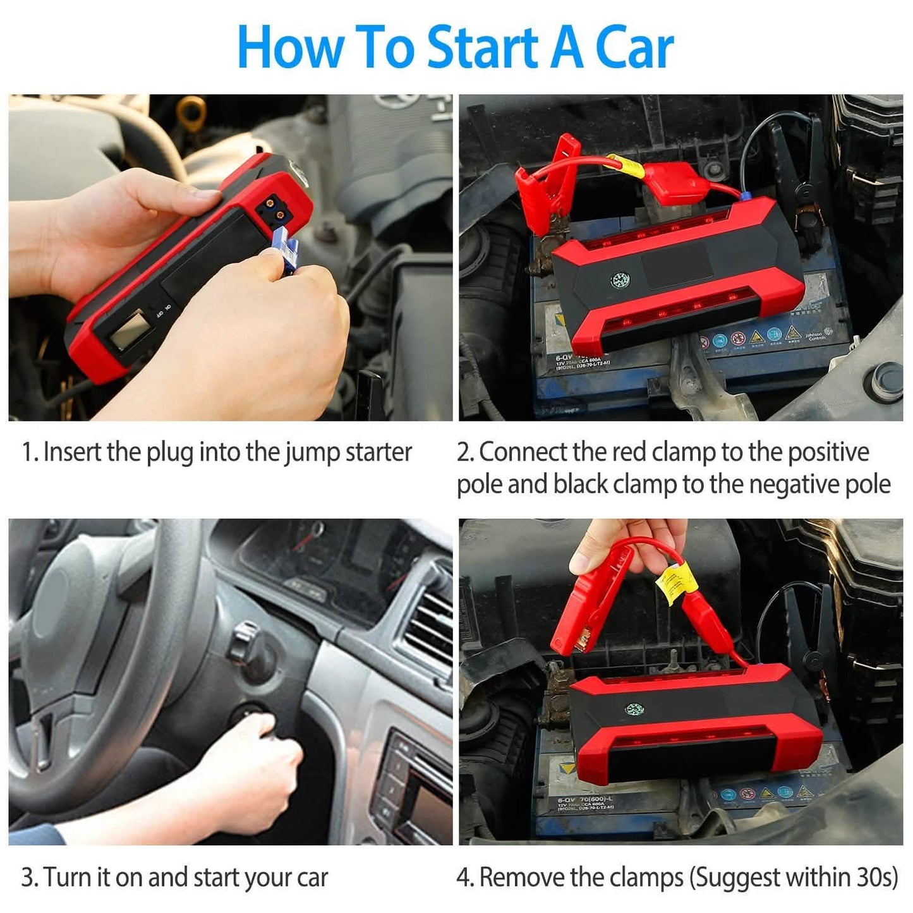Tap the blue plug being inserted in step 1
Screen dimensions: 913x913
(286, 250)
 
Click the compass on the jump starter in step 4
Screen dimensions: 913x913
(634, 709)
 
